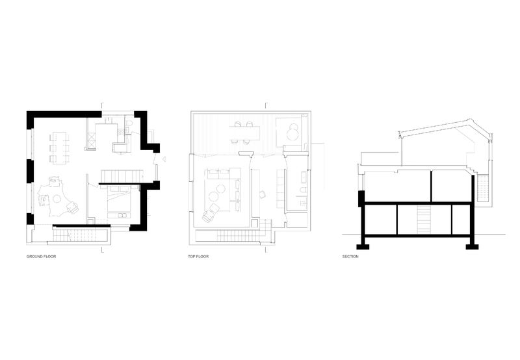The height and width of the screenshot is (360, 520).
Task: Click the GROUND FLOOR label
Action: point(41,256)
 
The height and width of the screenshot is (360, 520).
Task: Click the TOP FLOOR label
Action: point(198,256)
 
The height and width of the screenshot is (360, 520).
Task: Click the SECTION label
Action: point(350,256)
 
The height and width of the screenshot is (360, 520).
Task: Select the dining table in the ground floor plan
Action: point(60,148)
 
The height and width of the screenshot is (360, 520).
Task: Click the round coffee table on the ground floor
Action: point(57,199)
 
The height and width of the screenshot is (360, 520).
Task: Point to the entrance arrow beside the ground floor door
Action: point(164,159)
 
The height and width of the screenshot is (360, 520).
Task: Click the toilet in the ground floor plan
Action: point(131,124)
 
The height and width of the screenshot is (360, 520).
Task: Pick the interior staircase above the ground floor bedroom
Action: point(122,175)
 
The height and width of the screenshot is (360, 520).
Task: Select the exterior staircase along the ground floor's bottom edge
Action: point(81,235)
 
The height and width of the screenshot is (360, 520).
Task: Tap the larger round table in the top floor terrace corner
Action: point(292,134)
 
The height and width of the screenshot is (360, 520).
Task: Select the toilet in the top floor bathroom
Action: point(303,190)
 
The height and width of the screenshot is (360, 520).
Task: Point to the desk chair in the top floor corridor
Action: point(263,194)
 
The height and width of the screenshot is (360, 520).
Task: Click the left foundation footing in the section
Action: point(363,247)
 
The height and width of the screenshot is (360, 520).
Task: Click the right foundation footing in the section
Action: point(472,247)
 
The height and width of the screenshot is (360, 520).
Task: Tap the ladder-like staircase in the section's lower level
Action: point(424,219)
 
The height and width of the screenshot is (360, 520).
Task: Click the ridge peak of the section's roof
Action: point(468,119)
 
